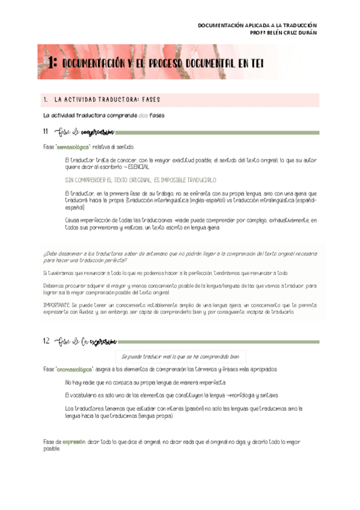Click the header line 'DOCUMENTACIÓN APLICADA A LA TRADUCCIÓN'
coord(257,25)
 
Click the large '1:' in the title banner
coord(52,63)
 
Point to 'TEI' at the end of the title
coord(254,63)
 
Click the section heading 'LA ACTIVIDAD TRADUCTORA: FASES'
coord(107,99)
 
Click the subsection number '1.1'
coord(46,132)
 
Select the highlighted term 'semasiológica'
coord(73,147)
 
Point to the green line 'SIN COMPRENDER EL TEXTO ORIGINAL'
coord(140,180)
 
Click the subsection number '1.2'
coord(46,342)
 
